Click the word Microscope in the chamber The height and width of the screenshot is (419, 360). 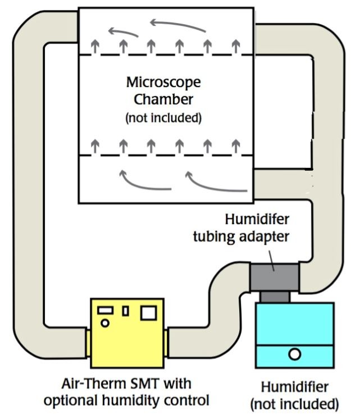[x=163, y=83]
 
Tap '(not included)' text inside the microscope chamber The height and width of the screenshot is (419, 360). [x=163, y=118]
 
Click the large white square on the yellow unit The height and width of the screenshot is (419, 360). [x=149, y=312]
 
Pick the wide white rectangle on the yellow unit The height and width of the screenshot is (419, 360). [x=106, y=310]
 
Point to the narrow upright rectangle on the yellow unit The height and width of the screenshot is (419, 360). [x=126, y=311]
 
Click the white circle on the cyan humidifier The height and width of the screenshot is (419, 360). [x=294, y=354]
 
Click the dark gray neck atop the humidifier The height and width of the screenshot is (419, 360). [x=275, y=297]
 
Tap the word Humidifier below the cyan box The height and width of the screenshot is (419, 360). [x=294, y=388]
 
